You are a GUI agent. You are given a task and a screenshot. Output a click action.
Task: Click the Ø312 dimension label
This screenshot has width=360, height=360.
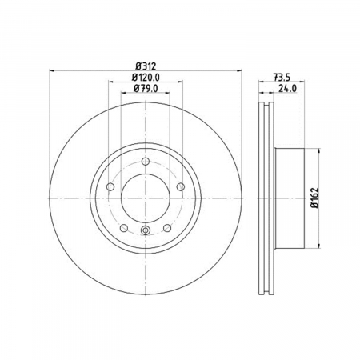[x=146, y=66]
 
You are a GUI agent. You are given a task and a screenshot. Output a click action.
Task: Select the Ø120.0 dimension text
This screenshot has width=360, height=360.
[x=146, y=78]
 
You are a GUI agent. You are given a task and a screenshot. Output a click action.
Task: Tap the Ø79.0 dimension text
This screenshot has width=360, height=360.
[x=146, y=88]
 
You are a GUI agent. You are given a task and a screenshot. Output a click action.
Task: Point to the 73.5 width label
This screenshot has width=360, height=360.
[x=282, y=78]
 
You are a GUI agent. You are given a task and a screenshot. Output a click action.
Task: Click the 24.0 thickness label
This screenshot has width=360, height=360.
[x=287, y=88]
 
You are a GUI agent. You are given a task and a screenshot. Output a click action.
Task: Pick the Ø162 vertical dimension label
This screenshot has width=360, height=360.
[x=315, y=198]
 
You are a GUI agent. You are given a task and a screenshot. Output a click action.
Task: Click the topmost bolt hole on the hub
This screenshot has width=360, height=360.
[x=146, y=161]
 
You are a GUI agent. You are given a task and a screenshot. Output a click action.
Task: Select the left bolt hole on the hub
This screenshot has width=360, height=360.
[x=110, y=186]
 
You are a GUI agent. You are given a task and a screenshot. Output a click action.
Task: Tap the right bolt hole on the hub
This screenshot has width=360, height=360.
[x=181, y=186]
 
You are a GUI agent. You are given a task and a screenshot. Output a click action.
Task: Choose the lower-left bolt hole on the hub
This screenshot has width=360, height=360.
[x=124, y=228]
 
